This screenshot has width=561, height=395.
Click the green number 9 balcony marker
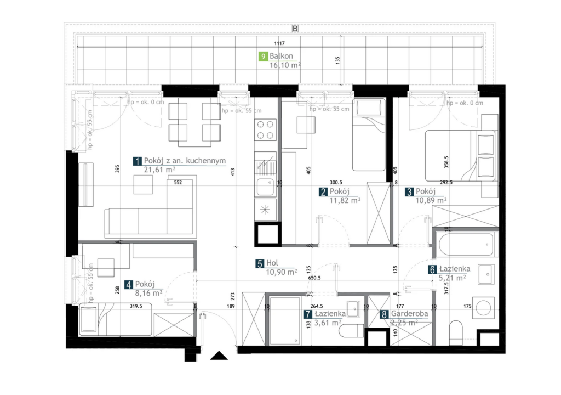point(264,57)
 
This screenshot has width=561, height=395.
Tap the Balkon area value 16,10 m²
point(285,65)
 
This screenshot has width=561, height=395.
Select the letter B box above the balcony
point(295,29)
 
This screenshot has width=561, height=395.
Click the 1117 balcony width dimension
point(279,43)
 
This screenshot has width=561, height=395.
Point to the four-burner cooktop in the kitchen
point(265,130)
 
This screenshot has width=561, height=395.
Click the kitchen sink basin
point(265,186)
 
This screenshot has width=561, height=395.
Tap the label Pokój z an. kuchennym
point(185,161)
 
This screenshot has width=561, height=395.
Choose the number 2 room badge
point(323,192)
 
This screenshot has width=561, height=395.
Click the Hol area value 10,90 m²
point(281,273)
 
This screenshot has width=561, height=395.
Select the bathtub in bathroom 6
point(466,244)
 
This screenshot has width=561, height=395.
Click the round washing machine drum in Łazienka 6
point(483,308)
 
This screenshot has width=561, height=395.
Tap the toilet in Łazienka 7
point(351,331)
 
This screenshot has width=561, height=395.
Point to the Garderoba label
point(409,314)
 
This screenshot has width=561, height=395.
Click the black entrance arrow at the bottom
point(219,356)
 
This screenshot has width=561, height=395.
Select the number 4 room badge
point(129,285)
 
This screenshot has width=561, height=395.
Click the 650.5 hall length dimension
point(314,278)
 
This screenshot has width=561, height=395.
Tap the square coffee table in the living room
point(143,184)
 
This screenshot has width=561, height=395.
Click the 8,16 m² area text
point(148,293)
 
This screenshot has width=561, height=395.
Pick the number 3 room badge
point(409,192)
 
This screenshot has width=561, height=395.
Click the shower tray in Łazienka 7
point(285,321)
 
